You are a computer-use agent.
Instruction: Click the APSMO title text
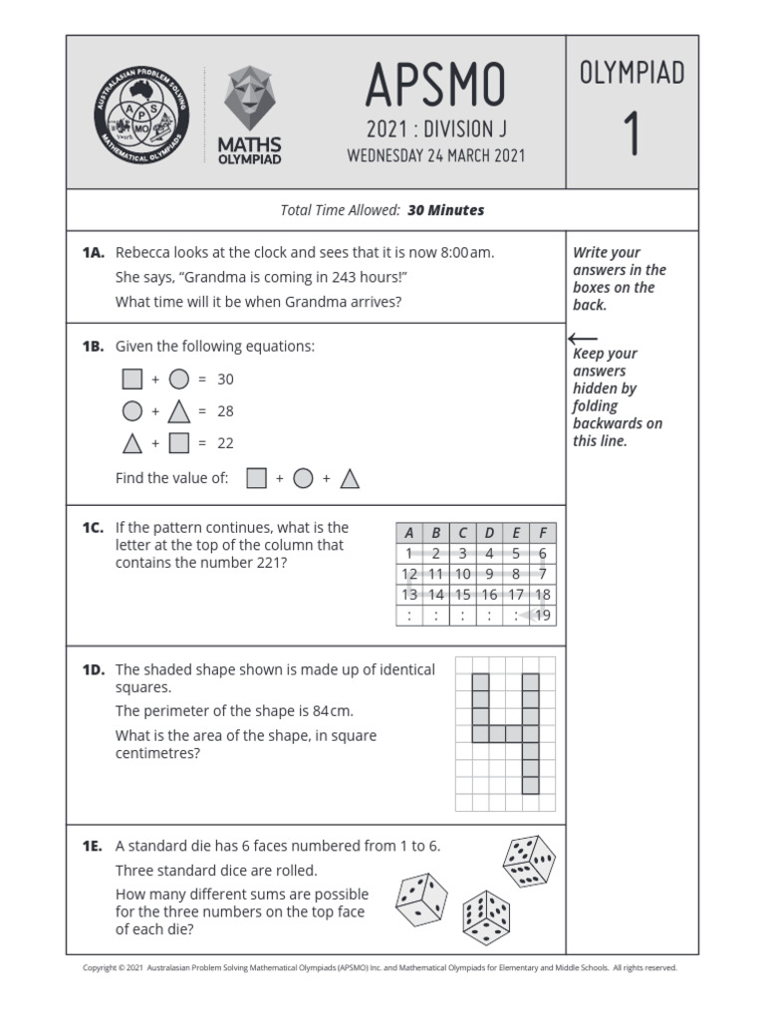tap(435, 87)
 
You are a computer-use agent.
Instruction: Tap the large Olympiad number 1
tap(632, 134)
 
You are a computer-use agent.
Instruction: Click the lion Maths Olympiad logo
tap(249, 114)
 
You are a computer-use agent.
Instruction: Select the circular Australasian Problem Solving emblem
tap(138, 113)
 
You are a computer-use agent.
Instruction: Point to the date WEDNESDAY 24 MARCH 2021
tap(435, 156)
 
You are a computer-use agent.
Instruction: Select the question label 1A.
tap(94, 253)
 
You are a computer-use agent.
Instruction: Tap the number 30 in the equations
tap(225, 380)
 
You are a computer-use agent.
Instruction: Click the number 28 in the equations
tap(225, 411)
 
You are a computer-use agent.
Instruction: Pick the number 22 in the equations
tap(225, 443)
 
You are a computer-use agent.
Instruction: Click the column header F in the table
tap(542, 533)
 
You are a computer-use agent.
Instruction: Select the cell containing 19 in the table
tap(542, 616)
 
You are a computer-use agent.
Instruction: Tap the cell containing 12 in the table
tap(408, 574)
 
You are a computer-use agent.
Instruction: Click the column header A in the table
tap(408, 533)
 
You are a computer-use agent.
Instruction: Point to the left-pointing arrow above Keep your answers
tap(582, 339)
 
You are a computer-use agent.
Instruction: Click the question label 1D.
tap(94, 670)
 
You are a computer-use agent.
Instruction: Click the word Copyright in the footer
tap(99, 967)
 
